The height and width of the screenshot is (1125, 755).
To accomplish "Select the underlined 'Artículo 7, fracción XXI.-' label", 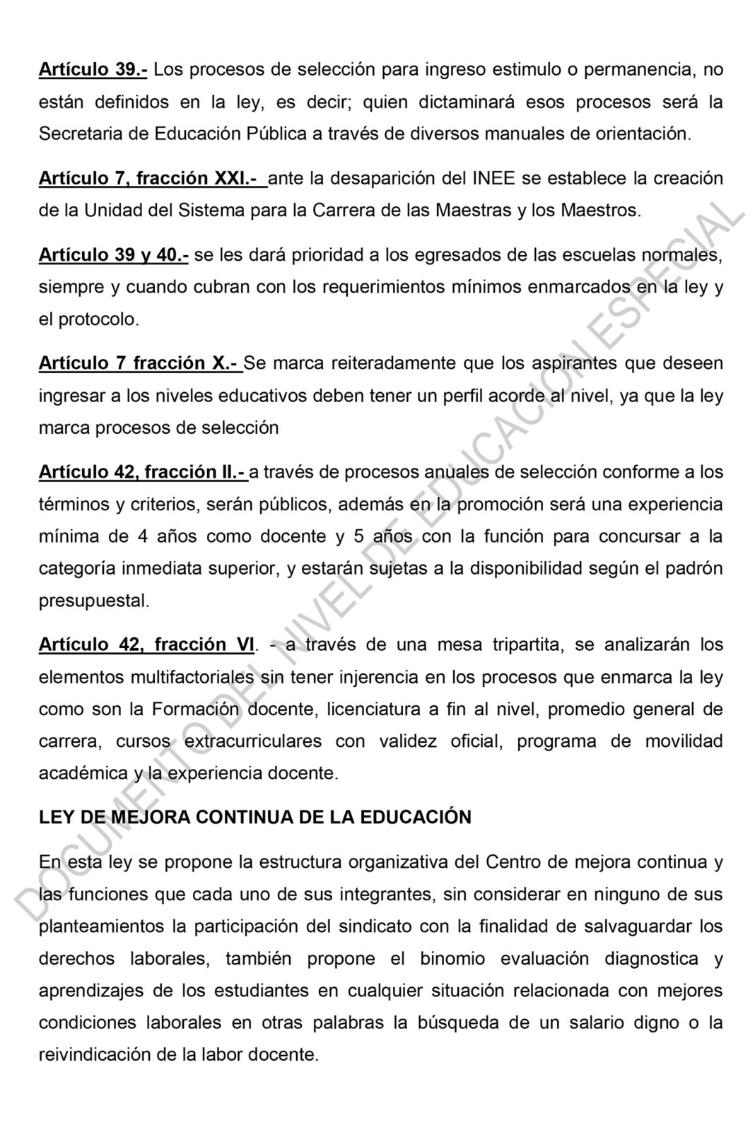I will point(151,178).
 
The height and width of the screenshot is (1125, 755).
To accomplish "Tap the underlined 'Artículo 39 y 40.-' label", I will point(113,255).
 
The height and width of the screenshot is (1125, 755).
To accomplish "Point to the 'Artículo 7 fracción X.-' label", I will point(139,363).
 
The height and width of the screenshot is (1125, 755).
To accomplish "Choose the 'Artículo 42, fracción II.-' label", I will point(141,471).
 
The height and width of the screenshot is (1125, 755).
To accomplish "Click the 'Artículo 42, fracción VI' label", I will point(146,644).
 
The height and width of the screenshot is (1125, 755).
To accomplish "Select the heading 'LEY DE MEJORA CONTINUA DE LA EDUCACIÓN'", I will point(254,817).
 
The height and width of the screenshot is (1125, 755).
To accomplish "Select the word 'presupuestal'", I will point(93,601).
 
